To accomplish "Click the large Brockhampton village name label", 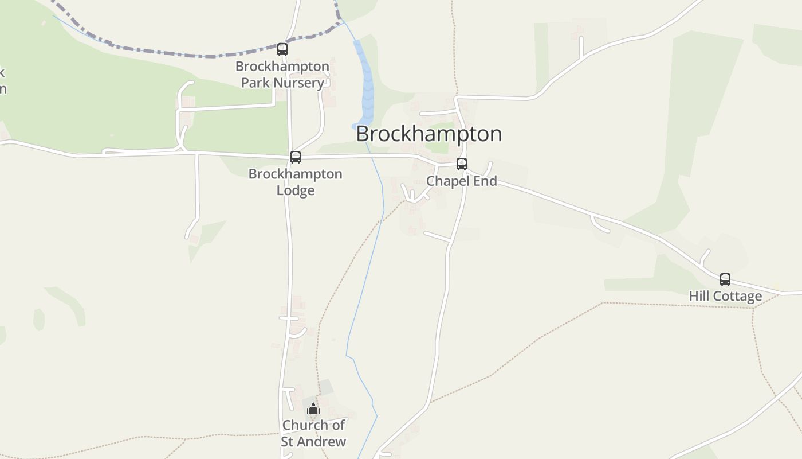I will point(428,134).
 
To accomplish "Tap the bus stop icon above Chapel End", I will point(462,164).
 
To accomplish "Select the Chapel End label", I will point(462,181).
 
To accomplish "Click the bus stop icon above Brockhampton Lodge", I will point(296,157).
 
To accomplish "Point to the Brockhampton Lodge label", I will point(295,181).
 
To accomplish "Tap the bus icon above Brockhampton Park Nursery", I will point(282,49).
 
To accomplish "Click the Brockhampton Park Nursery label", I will point(282,74).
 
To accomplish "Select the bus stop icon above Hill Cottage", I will point(725,279).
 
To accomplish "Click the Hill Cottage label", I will point(725,296).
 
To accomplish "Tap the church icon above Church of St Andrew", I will point(313,409).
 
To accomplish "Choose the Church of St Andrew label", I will point(313,433).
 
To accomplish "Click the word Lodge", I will point(296,190).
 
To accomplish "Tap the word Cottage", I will point(738,296).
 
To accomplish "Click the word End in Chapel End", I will point(485,181).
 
